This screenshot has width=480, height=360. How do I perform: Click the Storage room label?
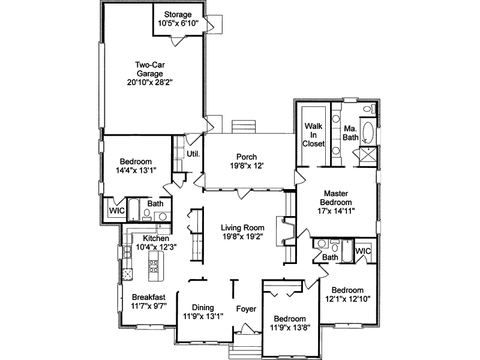175,14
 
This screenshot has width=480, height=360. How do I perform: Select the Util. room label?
193,154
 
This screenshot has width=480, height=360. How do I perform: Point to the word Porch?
246,157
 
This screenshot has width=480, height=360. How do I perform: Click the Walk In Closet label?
314,135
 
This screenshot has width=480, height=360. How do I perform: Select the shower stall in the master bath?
367,155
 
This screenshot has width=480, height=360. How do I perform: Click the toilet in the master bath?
370,110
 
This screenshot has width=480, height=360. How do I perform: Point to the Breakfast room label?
148,297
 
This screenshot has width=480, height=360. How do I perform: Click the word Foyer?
245,309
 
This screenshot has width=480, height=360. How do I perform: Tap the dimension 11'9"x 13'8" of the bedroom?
290,328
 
